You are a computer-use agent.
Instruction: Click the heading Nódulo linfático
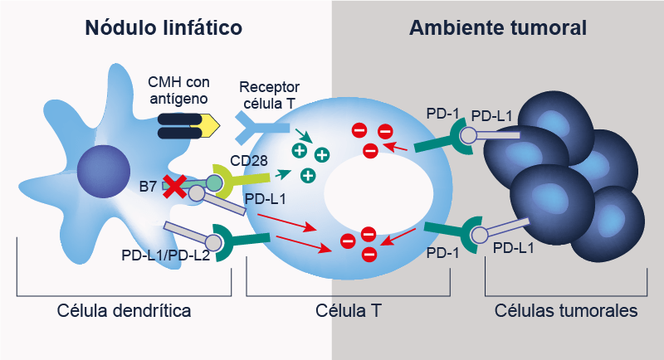[x=164, y=27]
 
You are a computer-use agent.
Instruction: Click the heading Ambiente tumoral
[x=498, y=27]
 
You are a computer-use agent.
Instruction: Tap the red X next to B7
[x=174, y=187]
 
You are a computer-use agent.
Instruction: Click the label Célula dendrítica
[x=124, y=312]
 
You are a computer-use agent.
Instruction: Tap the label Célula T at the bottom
[x=348, y=312]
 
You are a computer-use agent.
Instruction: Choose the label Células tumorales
[x=565, y=312]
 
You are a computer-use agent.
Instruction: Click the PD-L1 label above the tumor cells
[x=491, y=116]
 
